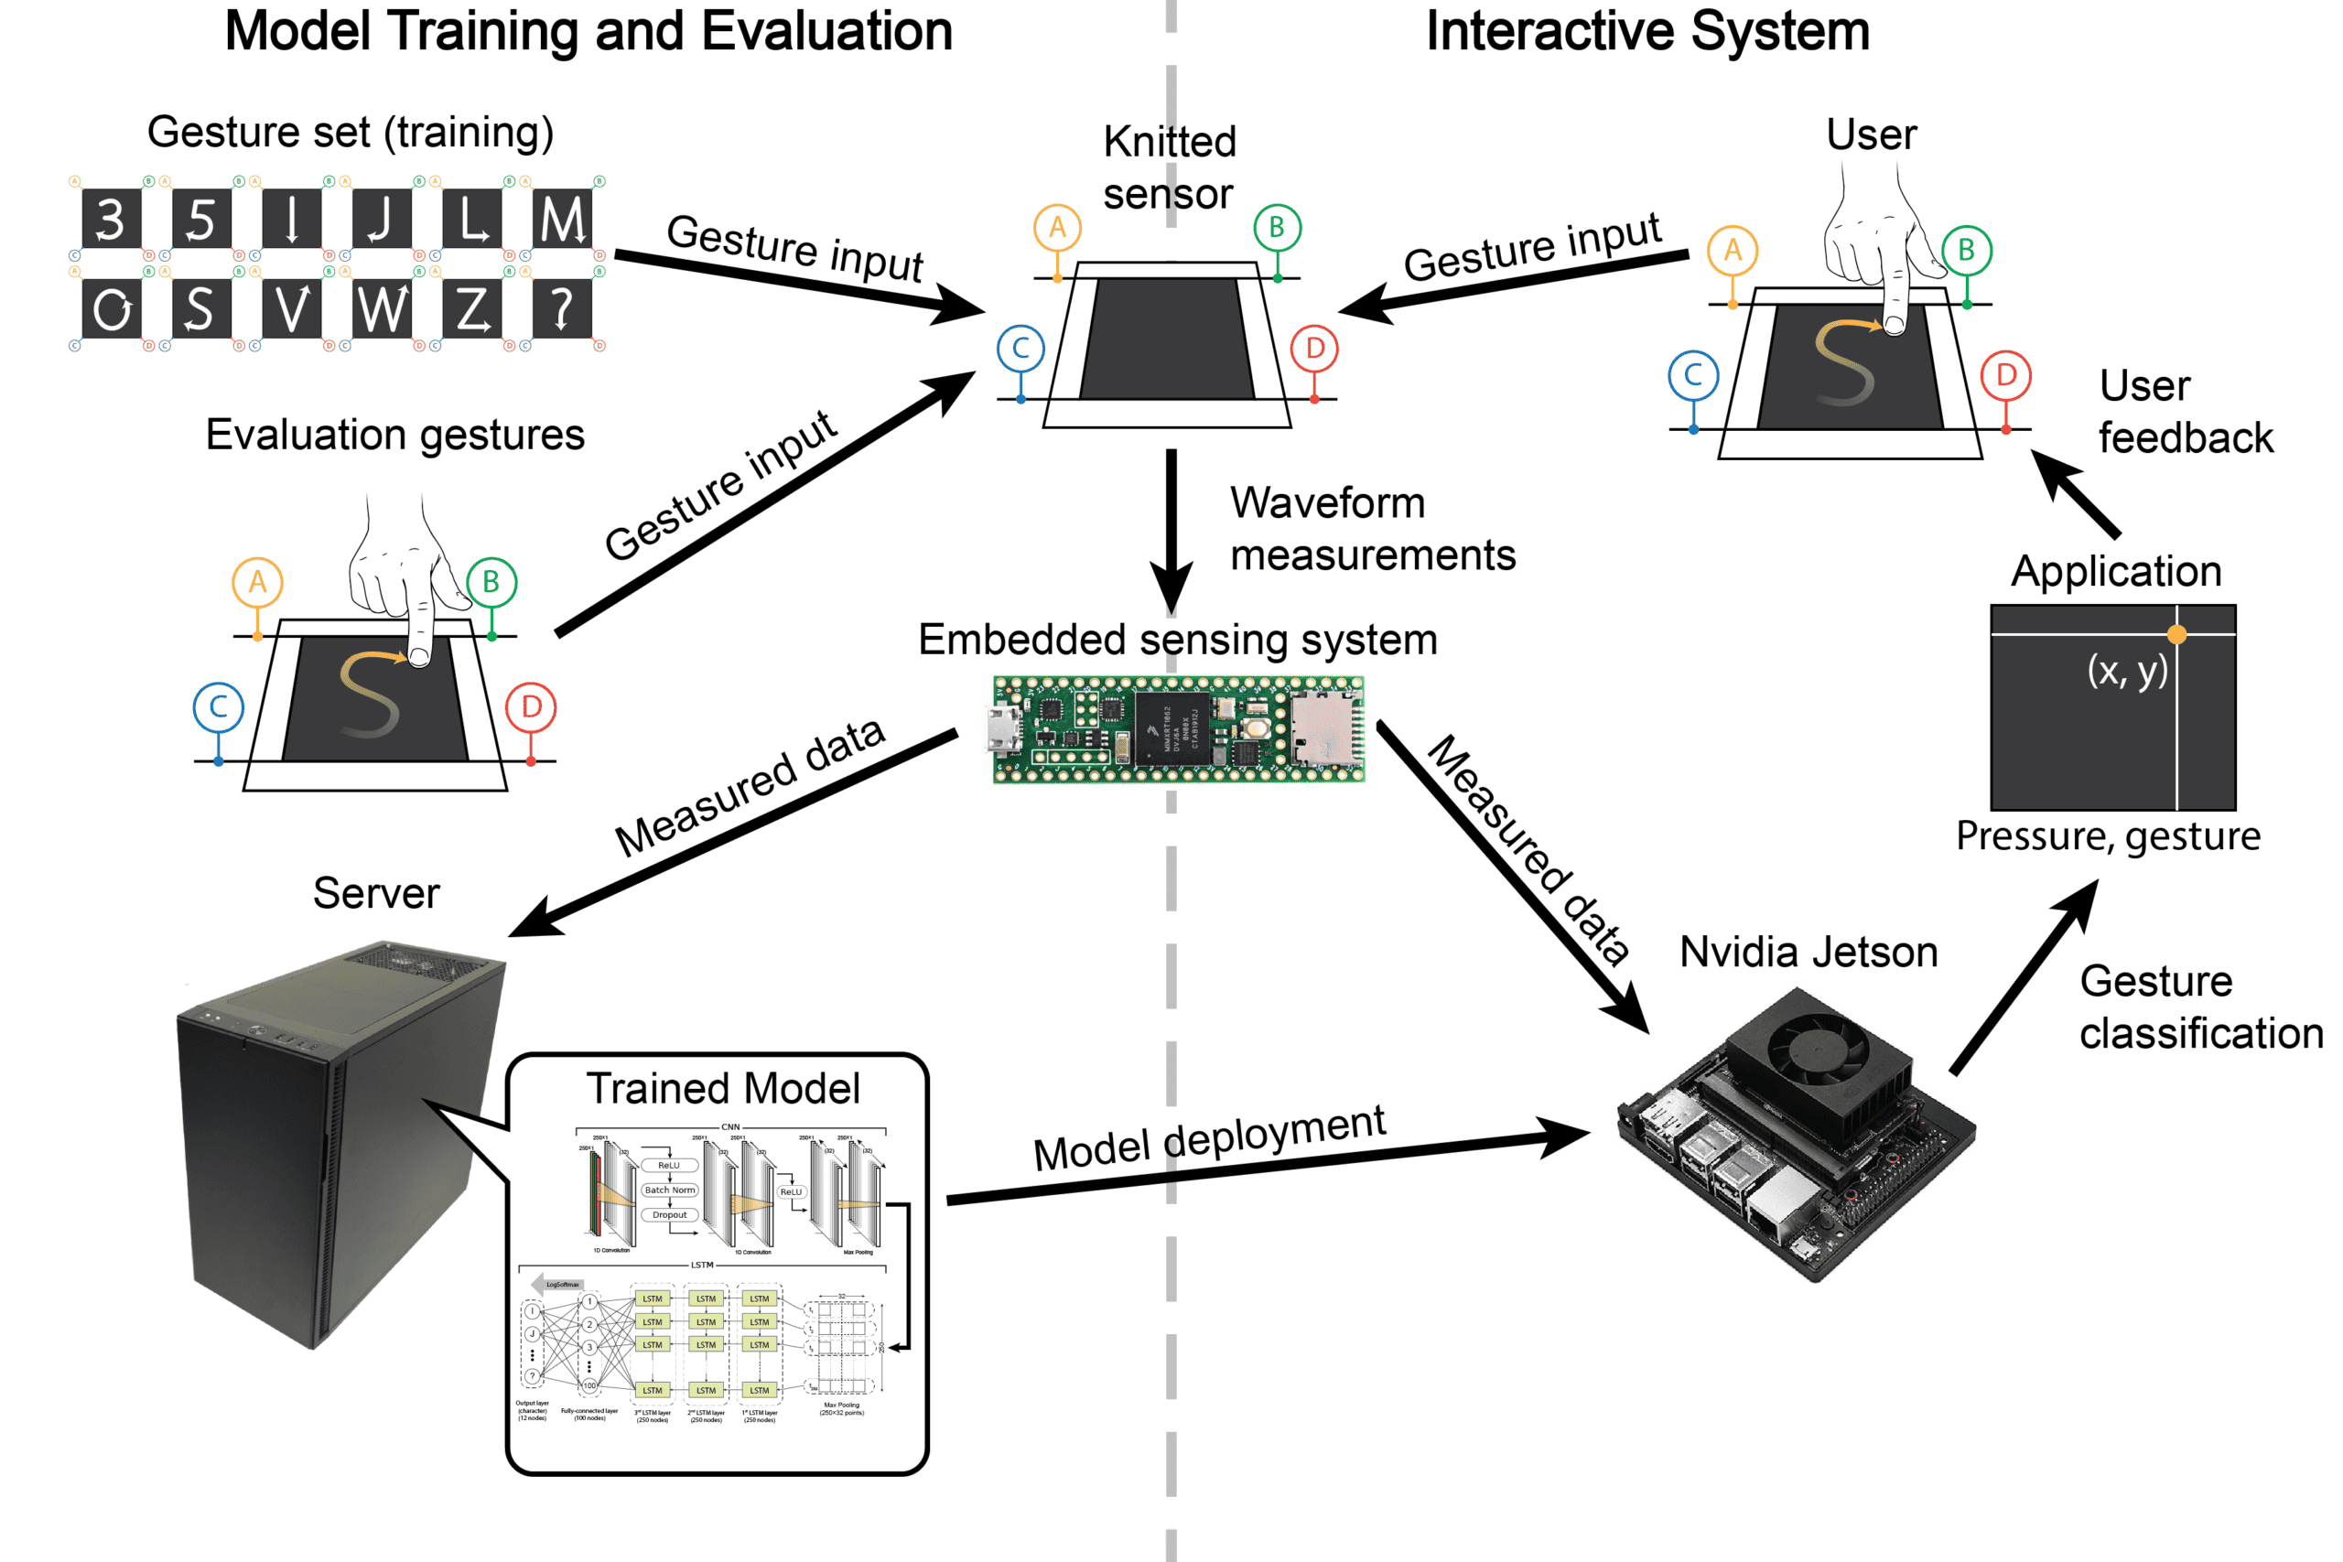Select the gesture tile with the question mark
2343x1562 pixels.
(x=563, y=308)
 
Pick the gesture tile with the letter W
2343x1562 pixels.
(x=382, y=308)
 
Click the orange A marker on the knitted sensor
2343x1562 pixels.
(x=1057, y=228)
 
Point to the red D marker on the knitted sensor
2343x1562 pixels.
(x=1315, y=349)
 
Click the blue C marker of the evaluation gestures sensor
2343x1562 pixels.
(x=218, y=708)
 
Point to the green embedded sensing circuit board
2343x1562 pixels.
(x=1179, y=730)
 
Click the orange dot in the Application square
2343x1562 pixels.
(x=2176, y=634)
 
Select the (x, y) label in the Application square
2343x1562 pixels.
(x=2127, y=671)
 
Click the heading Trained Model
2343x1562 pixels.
(x=722, y=1089)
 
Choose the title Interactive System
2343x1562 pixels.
(x=1647, y=32)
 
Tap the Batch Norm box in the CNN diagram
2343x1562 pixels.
(x=669, y=1190)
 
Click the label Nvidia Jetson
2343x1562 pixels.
(x=1809, y=953)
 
